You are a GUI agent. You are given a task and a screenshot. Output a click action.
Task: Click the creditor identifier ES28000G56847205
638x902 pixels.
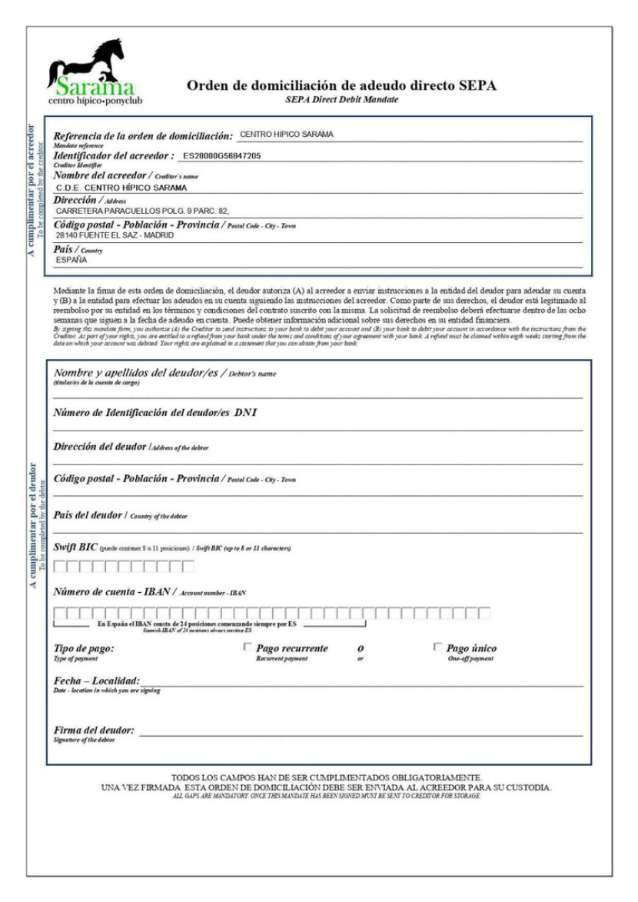(221, 156)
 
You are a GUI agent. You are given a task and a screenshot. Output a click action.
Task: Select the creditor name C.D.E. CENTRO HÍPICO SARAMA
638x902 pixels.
(123, 187)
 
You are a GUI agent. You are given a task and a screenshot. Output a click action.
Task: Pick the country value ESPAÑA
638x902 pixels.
(72, 261)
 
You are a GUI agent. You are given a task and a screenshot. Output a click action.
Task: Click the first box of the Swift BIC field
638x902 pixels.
(60, 567)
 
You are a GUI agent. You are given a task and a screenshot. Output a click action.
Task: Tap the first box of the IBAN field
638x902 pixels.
(60, 613)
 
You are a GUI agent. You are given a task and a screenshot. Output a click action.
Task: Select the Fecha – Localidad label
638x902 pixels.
(97, 682)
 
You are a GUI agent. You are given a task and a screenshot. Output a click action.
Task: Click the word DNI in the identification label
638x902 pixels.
(246, 412)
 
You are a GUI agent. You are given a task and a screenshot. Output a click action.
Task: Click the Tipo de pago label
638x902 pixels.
(85, 648)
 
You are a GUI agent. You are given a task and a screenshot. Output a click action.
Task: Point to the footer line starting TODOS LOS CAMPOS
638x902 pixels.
(327, 778)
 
